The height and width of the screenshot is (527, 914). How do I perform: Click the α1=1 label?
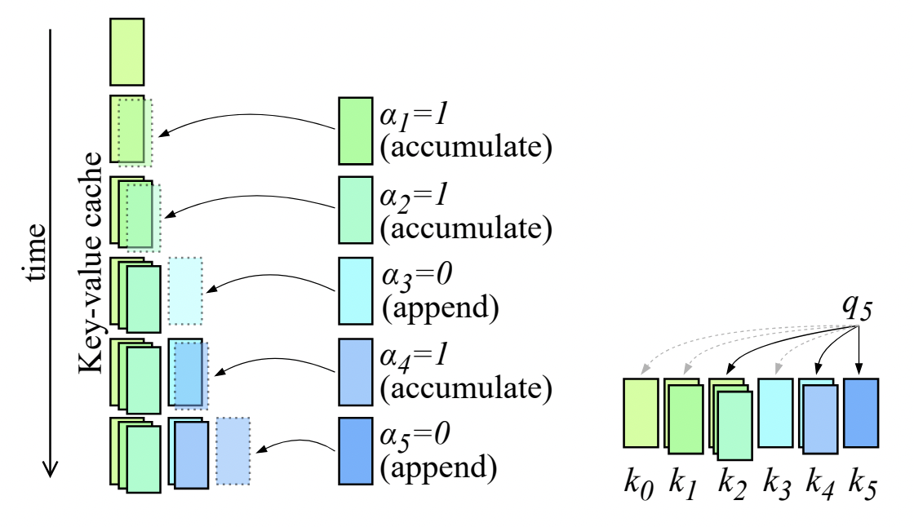415,115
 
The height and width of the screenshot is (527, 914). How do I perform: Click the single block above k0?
641,413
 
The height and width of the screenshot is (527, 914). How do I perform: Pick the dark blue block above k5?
861,413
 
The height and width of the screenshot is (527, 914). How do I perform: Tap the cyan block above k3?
774,413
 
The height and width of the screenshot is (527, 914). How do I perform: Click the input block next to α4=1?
355,372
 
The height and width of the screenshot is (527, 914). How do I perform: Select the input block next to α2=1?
355,210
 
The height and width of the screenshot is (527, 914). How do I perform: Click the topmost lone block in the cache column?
126,52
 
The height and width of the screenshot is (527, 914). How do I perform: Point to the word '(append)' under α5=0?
438,467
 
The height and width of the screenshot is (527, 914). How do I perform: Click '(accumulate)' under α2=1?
466,228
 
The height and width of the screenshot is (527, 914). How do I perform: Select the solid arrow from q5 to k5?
859,351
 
